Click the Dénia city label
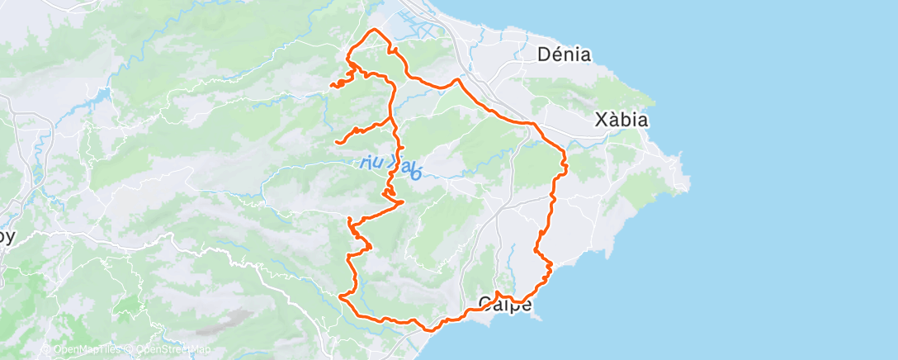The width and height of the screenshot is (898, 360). (x=564, y=55)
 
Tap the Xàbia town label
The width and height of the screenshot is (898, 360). (x=622, y=121)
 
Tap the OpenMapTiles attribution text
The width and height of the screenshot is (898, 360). (x=82, y=349)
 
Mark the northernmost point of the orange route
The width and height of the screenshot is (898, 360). (x=376, y=30)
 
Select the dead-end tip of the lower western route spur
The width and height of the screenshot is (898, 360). (x=336, y=143)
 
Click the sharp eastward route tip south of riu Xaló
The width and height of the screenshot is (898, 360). (x=402, y=201)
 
